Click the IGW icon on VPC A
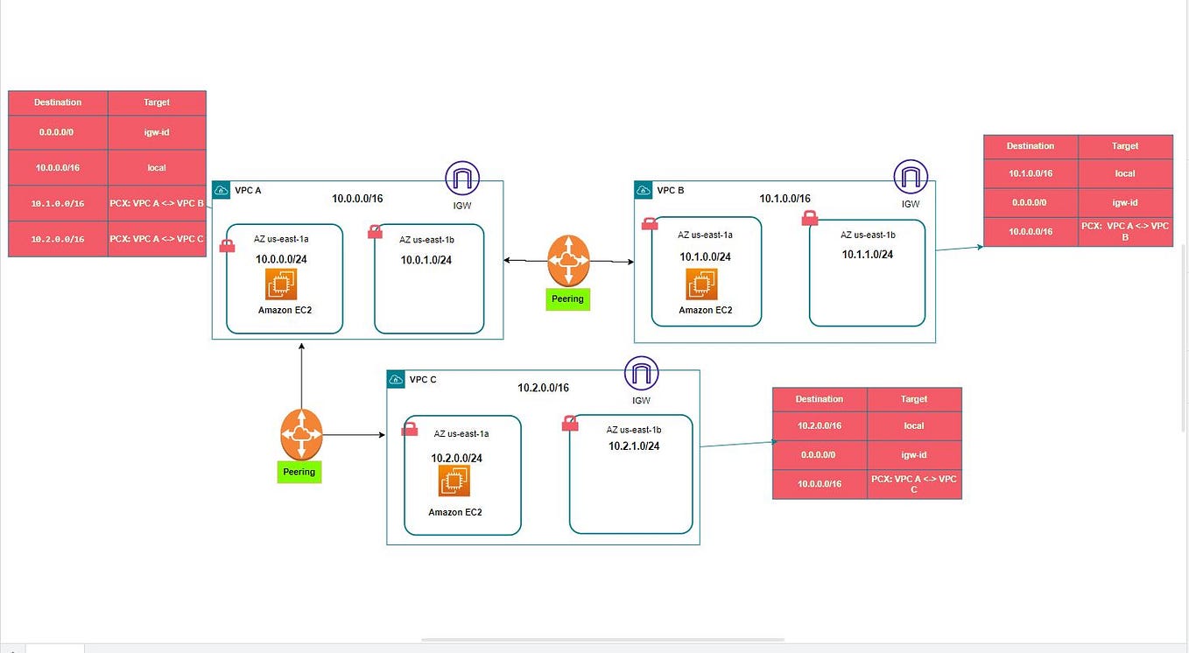[x=461, y=178]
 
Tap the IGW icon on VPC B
[x=911, y=177]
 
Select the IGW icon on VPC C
[x=641, y=374]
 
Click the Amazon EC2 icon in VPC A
[x=281, y=284]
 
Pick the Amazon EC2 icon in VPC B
[x=702, y=284]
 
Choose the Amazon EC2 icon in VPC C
[x=454, y=481]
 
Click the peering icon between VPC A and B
[x=568, y=260]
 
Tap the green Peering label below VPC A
[x=299, y=472]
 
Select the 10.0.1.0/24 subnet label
[x=426, y=260]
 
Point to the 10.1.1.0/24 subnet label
[x=868, y=255]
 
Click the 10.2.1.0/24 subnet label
[x=634, y=446]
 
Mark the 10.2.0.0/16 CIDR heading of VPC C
[x=543, y=388]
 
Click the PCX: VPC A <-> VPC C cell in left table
[x=157, y=239]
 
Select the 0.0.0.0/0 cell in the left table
[x=58, y=132]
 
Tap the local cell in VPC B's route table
[x=1125, y=173]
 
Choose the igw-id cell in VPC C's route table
[x=914, y=455]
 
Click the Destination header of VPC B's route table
[x=1031, y=146]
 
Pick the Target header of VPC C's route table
[x=914, y=399]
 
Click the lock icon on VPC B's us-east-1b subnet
[x=810, y=219]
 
